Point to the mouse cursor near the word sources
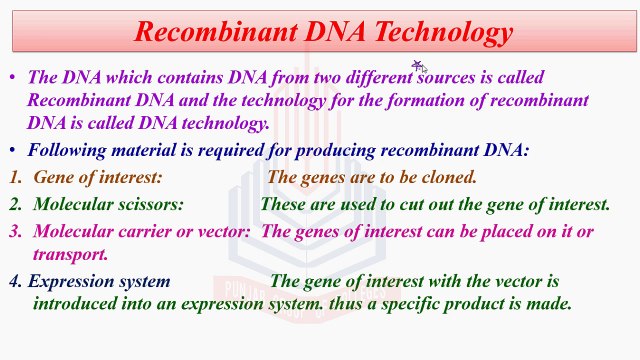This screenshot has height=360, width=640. pyautogui.click(x=418, y=66)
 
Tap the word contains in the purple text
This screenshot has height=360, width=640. pyautogui.click(x=164, y=77)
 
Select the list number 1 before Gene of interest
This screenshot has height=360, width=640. pyautogui.click(x=15, y=177)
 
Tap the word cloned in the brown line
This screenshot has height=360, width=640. pyautogui.click(x=448, y=177)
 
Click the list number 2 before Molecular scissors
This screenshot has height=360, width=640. pyautogui.click(x=15, y=204)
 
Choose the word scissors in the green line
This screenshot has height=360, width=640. pyautogui.click(x=148, y=204)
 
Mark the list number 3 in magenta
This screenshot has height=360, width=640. pyautogui.click(x=15, y=231)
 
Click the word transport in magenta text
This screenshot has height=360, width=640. pyautogui.click(x=70, y=254)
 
